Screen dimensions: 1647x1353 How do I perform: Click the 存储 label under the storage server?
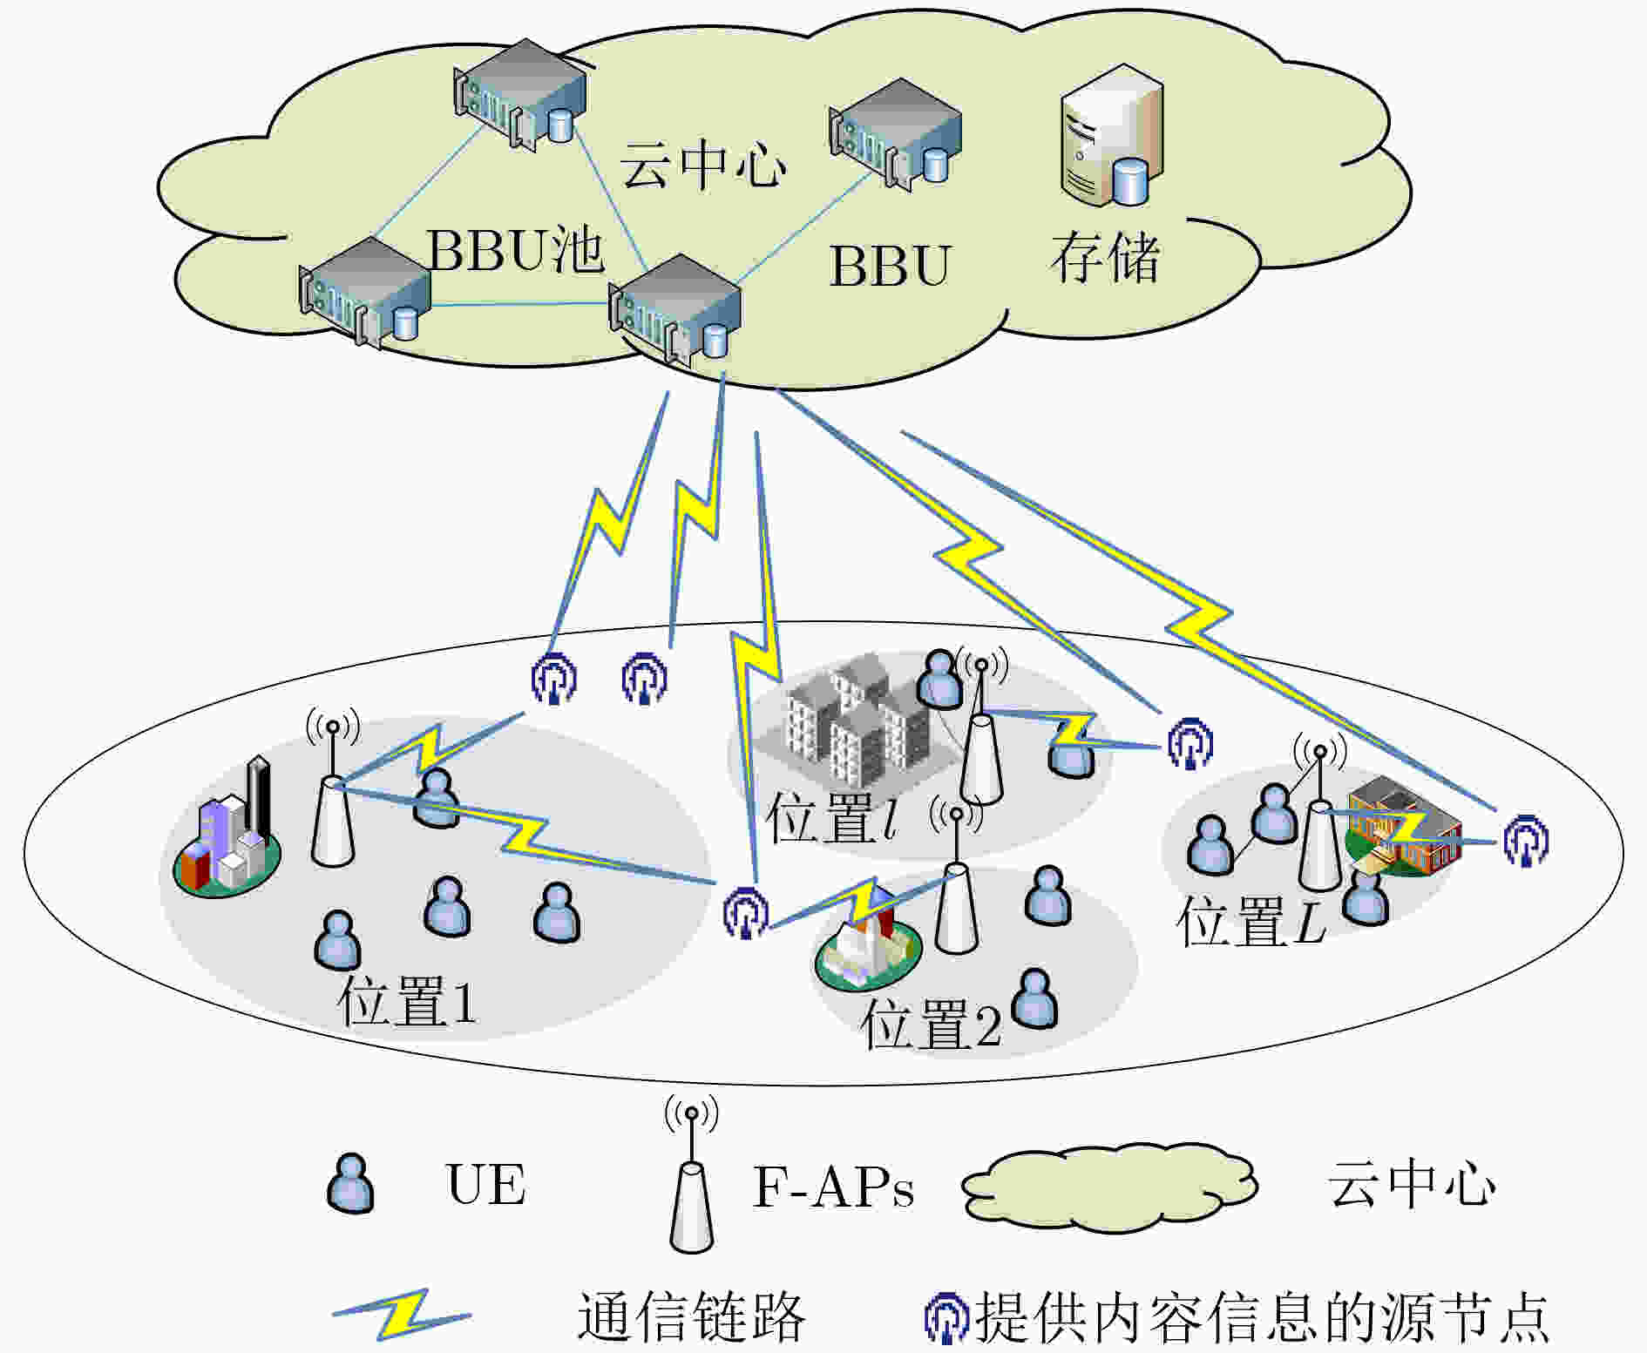1106,257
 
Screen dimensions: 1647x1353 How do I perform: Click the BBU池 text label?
515,250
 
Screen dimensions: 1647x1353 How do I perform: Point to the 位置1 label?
407,1002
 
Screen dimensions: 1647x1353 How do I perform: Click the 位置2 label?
931,1024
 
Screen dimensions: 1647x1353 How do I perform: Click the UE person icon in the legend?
350,1183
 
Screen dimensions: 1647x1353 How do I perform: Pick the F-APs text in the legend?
833,1186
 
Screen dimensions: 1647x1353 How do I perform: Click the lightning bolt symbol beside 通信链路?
401,1314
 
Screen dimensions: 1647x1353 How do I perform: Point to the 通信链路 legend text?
691,1316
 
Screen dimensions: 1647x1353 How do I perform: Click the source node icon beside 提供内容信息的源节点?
946,1318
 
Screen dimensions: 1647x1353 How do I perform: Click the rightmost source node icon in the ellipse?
1526,840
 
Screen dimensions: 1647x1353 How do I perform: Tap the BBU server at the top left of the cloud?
519,94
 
